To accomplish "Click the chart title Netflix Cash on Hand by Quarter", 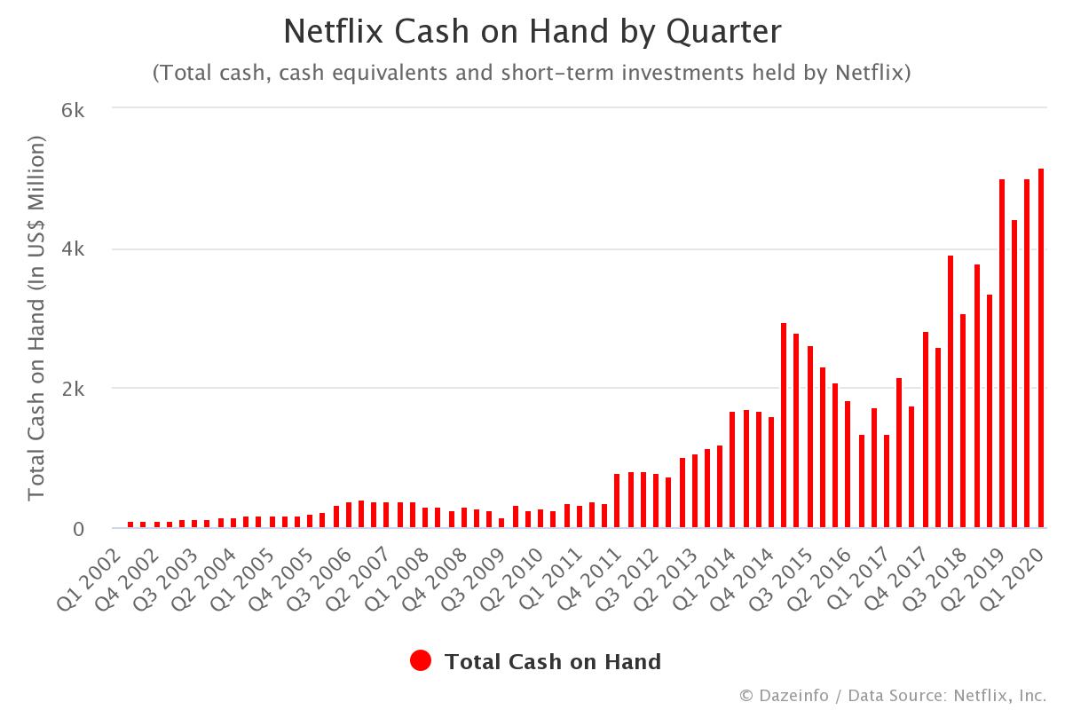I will click(532, 33).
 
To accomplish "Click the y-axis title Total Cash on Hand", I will click(36, 318).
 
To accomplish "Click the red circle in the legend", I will click(421, 661).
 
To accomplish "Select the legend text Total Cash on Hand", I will click(552, 661).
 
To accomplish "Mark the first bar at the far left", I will click(130, 525).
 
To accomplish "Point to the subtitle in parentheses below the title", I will click(532, 73).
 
